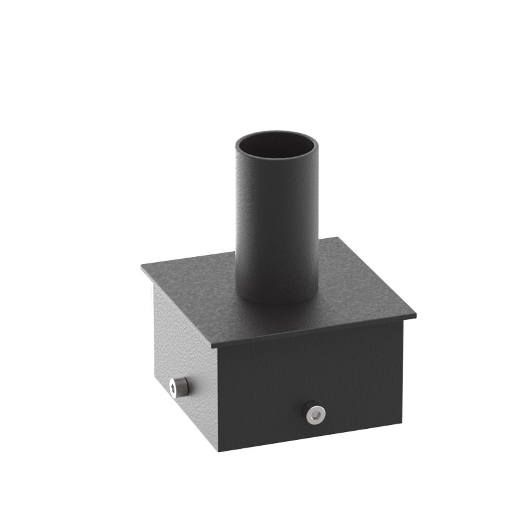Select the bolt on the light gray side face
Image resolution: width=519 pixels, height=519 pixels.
point(178,387)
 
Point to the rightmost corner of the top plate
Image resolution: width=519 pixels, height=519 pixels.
point(415,316)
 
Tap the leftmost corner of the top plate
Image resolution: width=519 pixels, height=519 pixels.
point(141,265)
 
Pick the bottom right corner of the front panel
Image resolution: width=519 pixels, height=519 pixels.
point(404,420)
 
